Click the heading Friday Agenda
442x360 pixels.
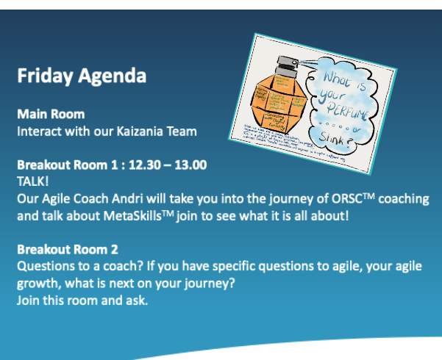(81, 76)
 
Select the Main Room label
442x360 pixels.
(51, 115)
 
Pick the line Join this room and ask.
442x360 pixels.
(82, 300)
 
